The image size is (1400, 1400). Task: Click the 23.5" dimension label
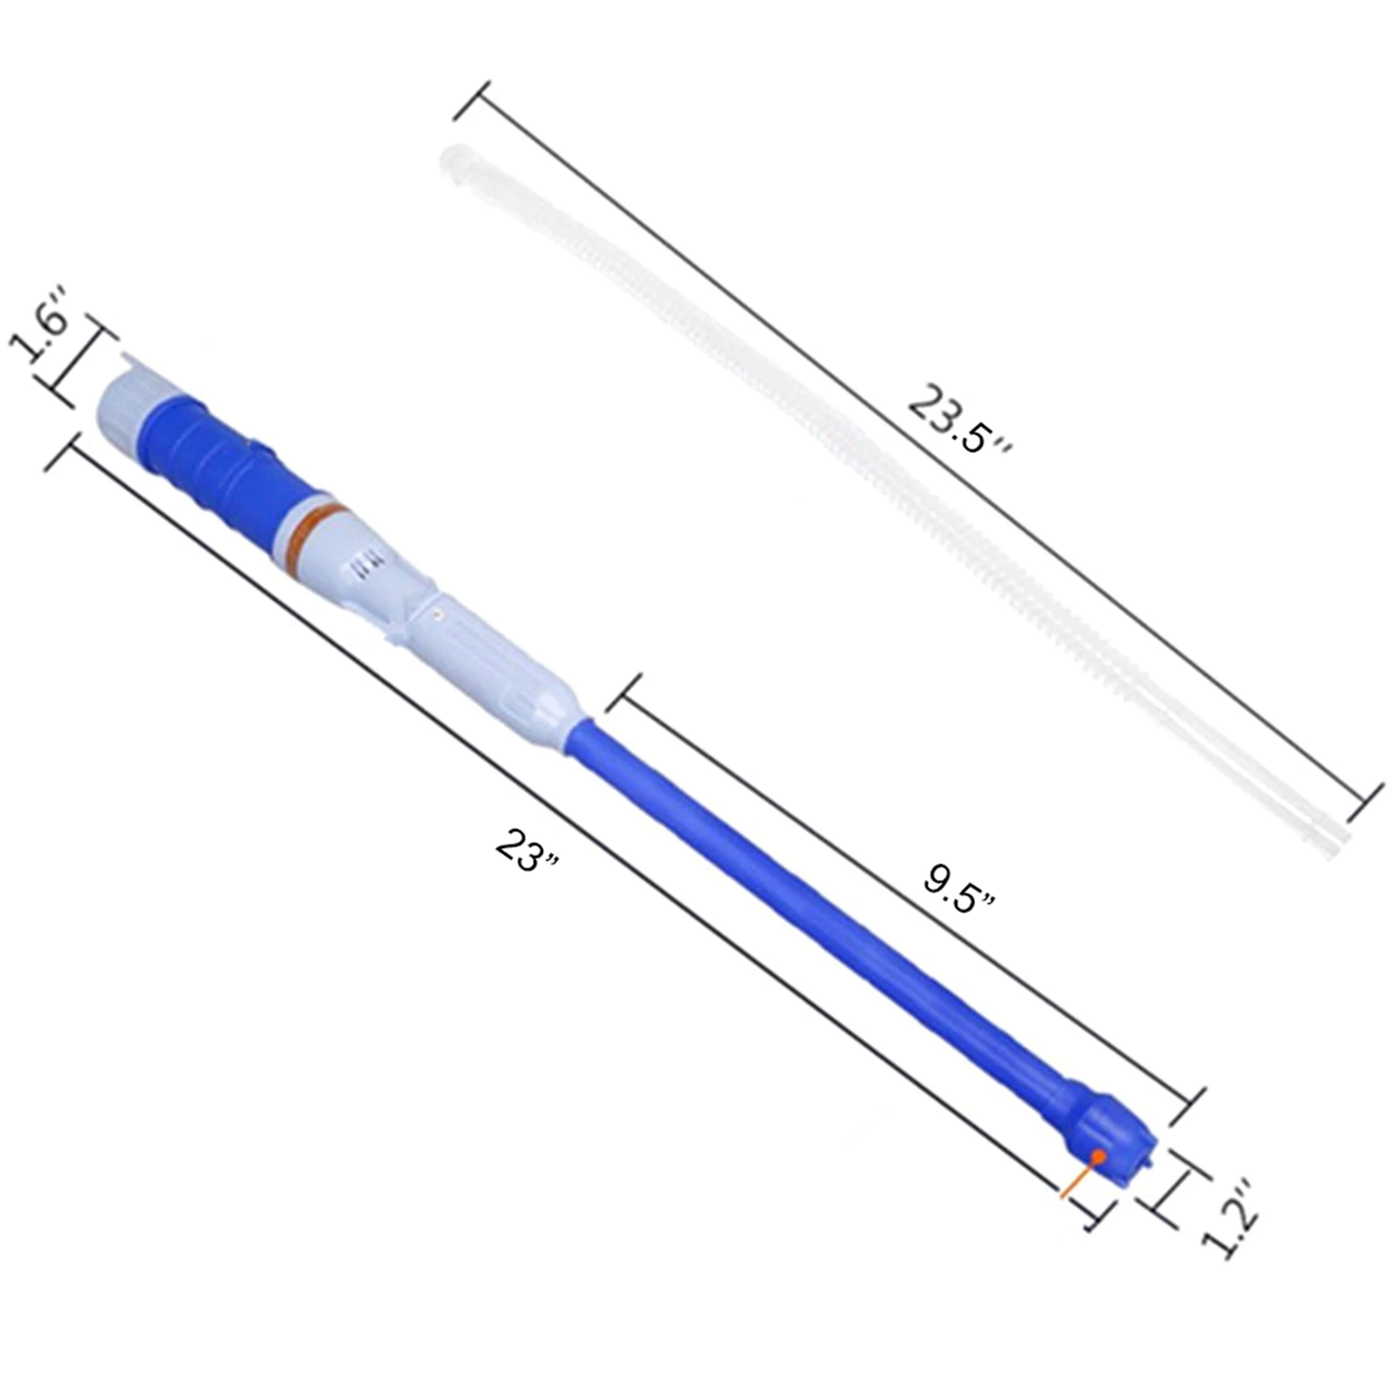[x=958, y=421]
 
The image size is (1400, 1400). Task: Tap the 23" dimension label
[x=526, y=849]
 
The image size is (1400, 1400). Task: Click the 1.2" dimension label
[x=1231, y=1218]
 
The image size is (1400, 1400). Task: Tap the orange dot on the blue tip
[x=1098, y=1156]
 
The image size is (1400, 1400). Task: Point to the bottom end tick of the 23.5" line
[x=1364, y=803]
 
